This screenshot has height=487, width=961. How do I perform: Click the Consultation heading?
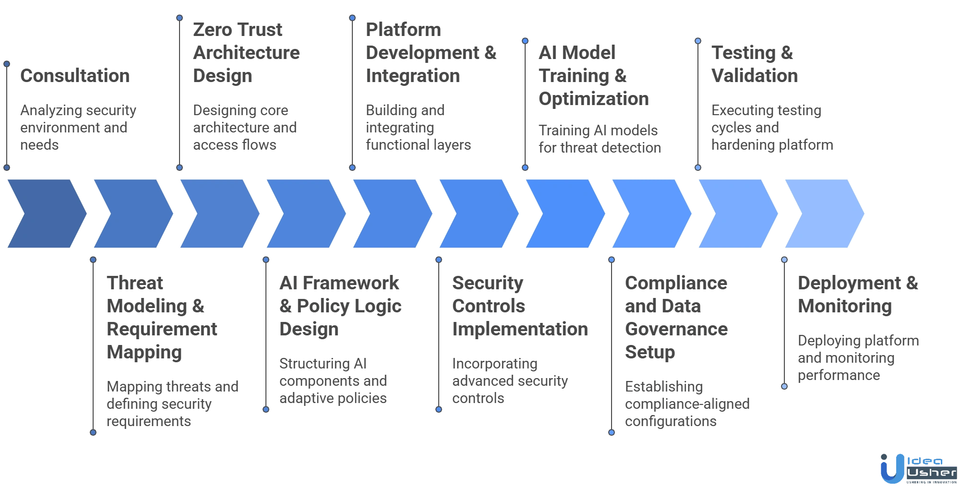tap(75, 76)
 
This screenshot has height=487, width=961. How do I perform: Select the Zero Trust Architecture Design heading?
tap(247, 53)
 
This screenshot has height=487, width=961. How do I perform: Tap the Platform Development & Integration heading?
tap(431, 53)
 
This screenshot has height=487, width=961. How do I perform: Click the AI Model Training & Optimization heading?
tap(593, 76)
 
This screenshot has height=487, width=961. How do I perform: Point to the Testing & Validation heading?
tap(754, 64)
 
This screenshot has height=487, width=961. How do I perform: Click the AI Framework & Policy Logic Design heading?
tap(340, 306)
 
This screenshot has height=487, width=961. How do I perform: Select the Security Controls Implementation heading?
tap(518, 306)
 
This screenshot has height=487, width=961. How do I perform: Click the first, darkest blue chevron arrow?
tap(46, 213)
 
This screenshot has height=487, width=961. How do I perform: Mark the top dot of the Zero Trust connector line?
tap(179, 18)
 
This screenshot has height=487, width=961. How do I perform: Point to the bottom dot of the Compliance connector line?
tap(612, 432)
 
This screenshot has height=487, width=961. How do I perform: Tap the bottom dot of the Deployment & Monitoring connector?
tap(784, 386)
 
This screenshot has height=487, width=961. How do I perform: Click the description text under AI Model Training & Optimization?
tap(600, 139)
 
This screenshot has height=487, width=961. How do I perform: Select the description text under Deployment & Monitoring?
tap(858, 358)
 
